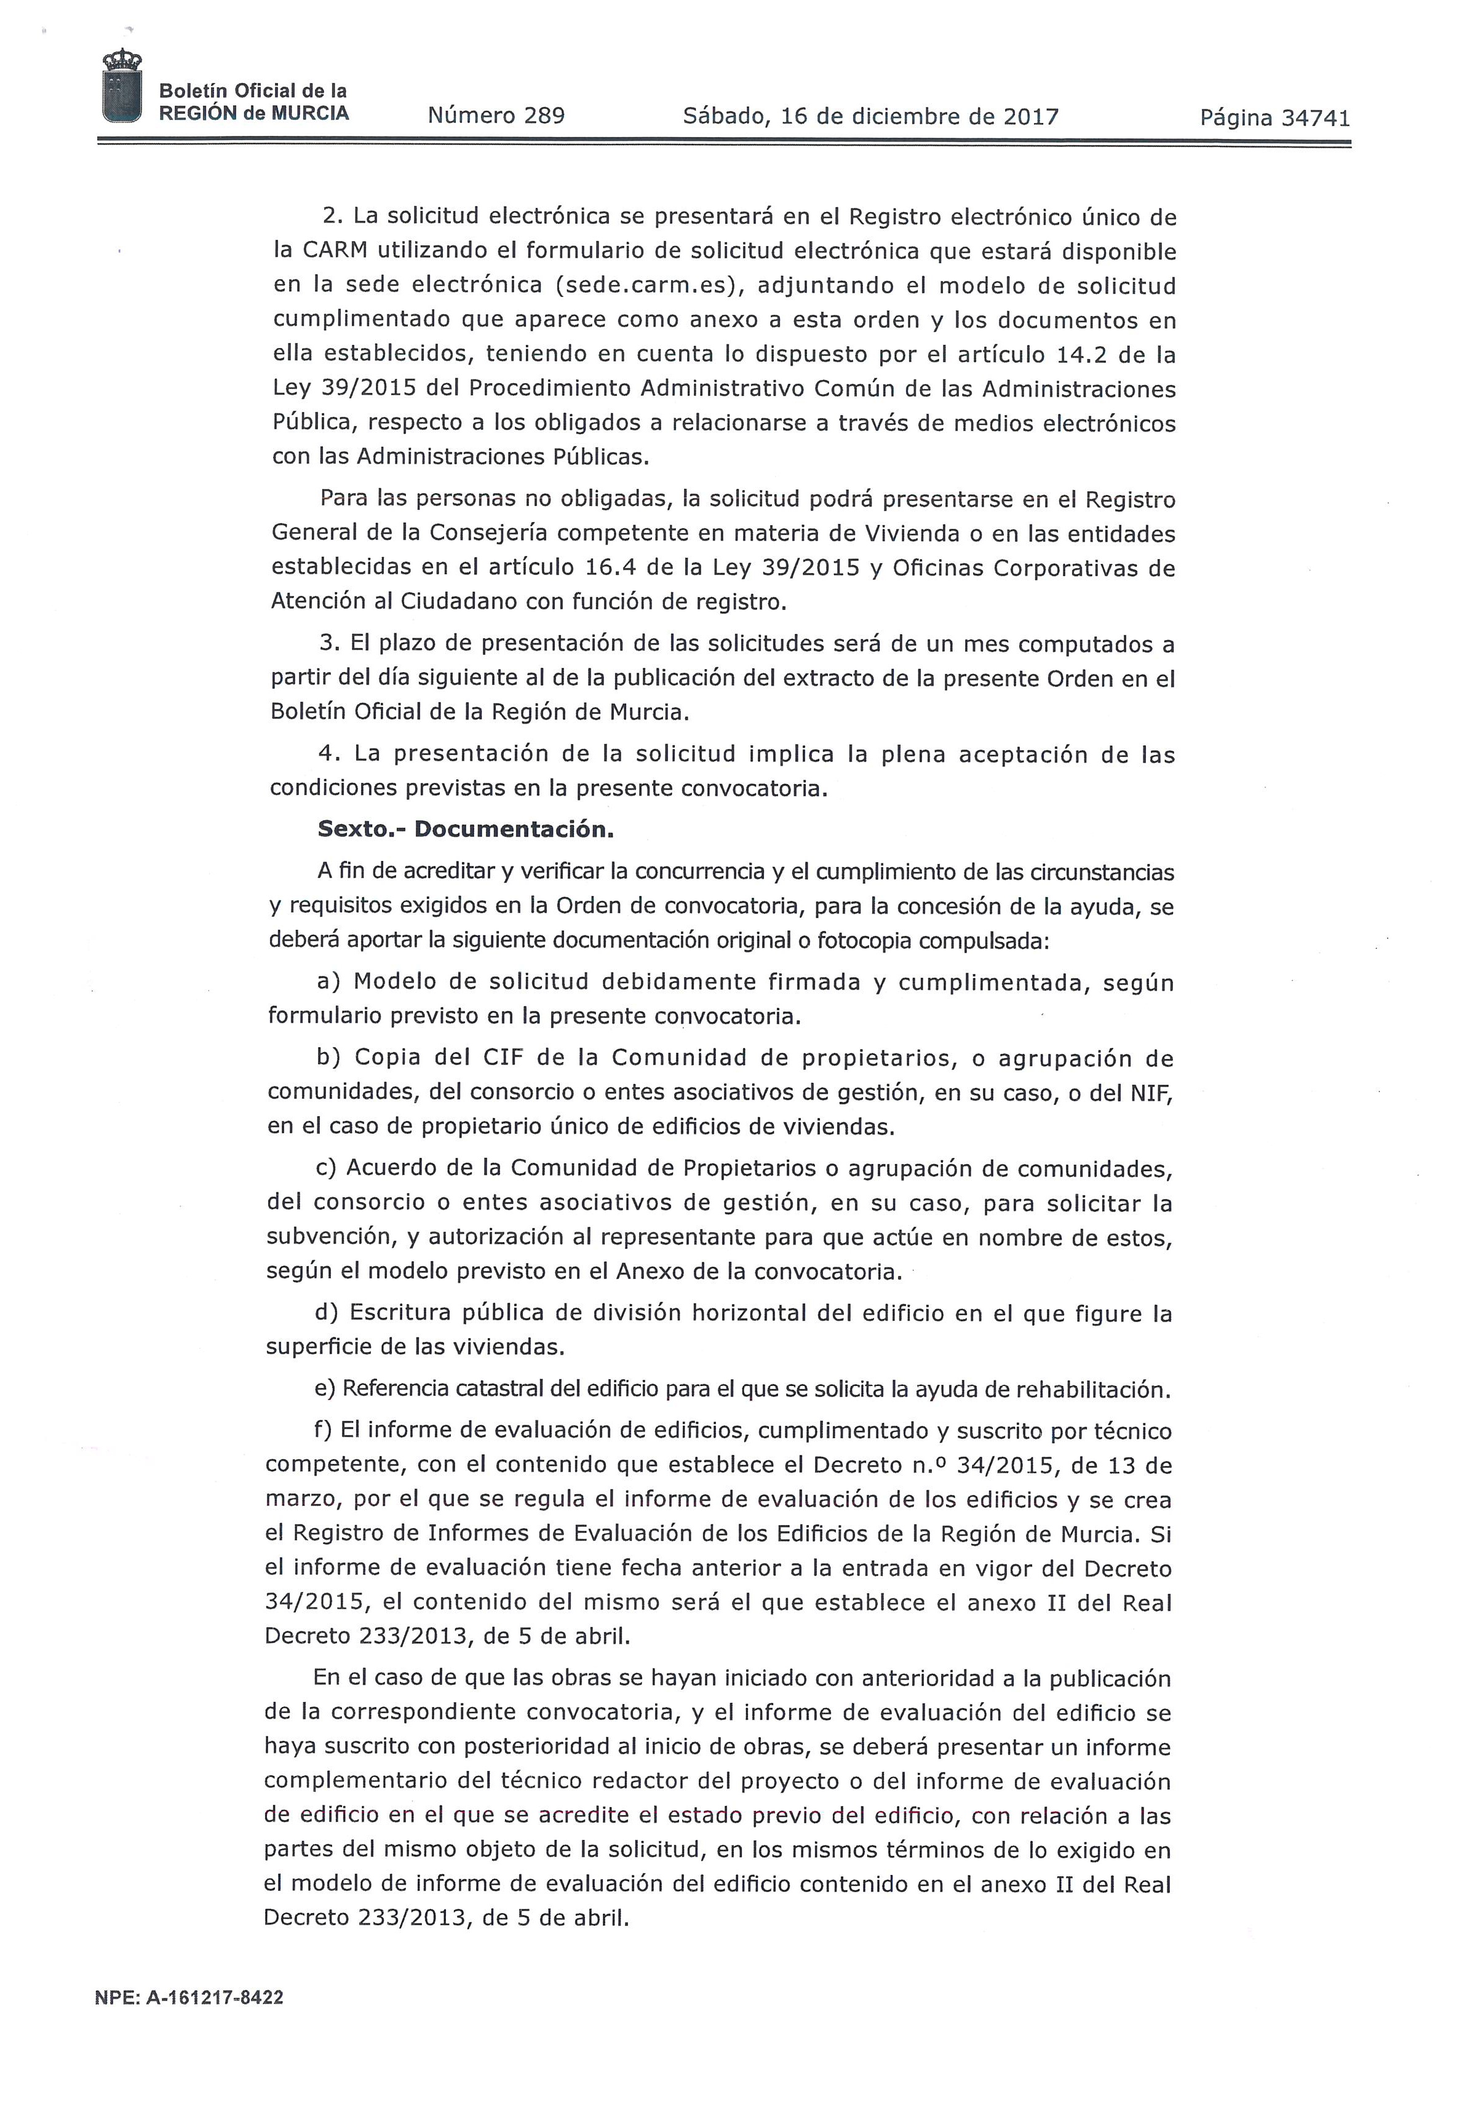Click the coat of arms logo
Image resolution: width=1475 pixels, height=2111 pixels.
[122, 85]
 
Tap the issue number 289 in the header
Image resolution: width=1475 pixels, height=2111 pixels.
[544, 116]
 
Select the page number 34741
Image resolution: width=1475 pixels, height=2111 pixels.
[1315, 117]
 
